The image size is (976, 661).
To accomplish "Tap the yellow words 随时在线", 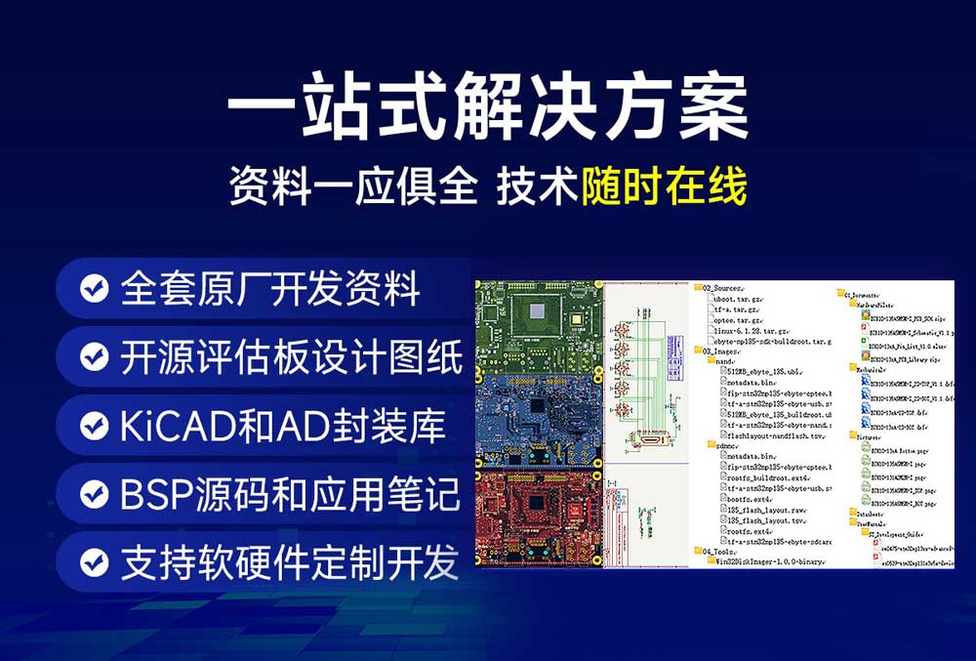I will pos(664,186).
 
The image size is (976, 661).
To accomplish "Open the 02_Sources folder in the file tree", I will pos(725,289).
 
